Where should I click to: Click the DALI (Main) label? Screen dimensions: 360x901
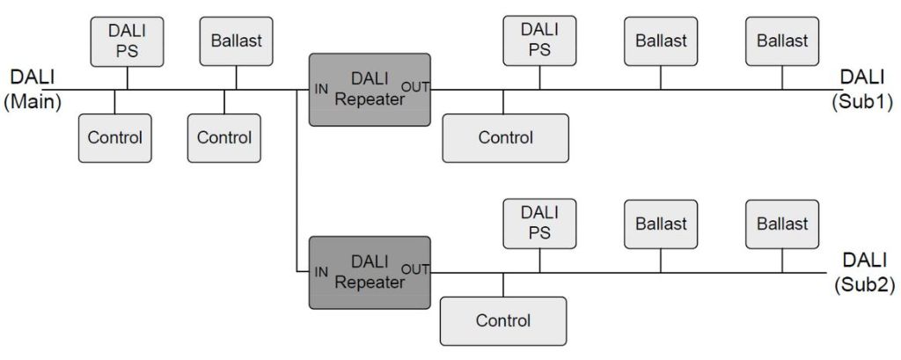coord(32,89)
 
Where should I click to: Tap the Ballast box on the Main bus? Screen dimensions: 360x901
coord(236,40)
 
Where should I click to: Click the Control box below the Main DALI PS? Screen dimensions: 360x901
coord(114,137)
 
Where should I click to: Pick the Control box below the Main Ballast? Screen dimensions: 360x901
coord(223,137)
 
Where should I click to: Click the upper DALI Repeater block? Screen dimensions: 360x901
coord(370,89)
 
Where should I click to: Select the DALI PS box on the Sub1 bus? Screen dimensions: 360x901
coord(538,40)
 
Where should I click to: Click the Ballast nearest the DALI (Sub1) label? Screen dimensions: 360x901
coord(782,40)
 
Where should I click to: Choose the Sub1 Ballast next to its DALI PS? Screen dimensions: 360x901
coord(661,40)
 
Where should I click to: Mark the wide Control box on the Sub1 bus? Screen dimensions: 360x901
coord(505,137)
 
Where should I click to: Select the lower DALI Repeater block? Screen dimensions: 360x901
coord(370,272)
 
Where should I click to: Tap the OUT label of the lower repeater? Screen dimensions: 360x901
coord(416,269)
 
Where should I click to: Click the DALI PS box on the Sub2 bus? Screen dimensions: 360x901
coord(538,224)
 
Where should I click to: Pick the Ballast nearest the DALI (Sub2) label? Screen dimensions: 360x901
coord(782,224)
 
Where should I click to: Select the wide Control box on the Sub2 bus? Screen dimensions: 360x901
coord(503,320)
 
